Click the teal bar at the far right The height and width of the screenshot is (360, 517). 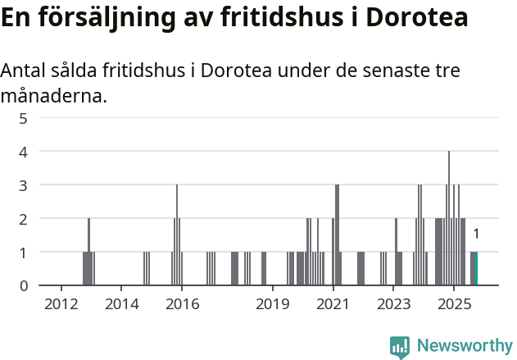coord(476,269)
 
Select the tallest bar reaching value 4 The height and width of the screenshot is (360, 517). coord(448,218)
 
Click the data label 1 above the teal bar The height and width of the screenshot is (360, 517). coord(476,235)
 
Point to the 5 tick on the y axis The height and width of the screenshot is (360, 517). coord(24,118)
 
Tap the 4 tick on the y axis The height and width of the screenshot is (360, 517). coord(24,152)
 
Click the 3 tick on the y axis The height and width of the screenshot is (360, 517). coord(24,185)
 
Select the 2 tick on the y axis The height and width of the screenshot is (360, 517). coord(24,219)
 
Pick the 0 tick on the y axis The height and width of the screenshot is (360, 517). coord(24,285)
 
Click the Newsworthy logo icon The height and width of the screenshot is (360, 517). coord(400,346)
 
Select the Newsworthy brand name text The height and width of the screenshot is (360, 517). coord(465,346)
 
